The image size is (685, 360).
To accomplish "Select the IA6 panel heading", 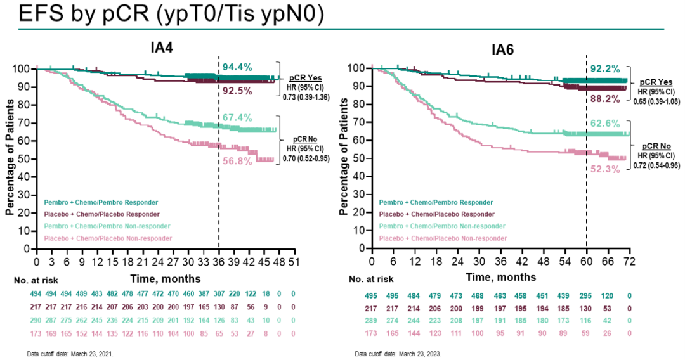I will pos(502,49).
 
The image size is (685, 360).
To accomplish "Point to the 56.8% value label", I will pos(237,161).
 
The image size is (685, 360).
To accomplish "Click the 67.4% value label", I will pos(237,118).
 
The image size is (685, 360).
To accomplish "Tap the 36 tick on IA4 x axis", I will pos(219,262).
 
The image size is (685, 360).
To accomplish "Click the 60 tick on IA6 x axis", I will pos(586,261).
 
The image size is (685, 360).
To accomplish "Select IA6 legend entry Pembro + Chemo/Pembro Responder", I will pos(436,202).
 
